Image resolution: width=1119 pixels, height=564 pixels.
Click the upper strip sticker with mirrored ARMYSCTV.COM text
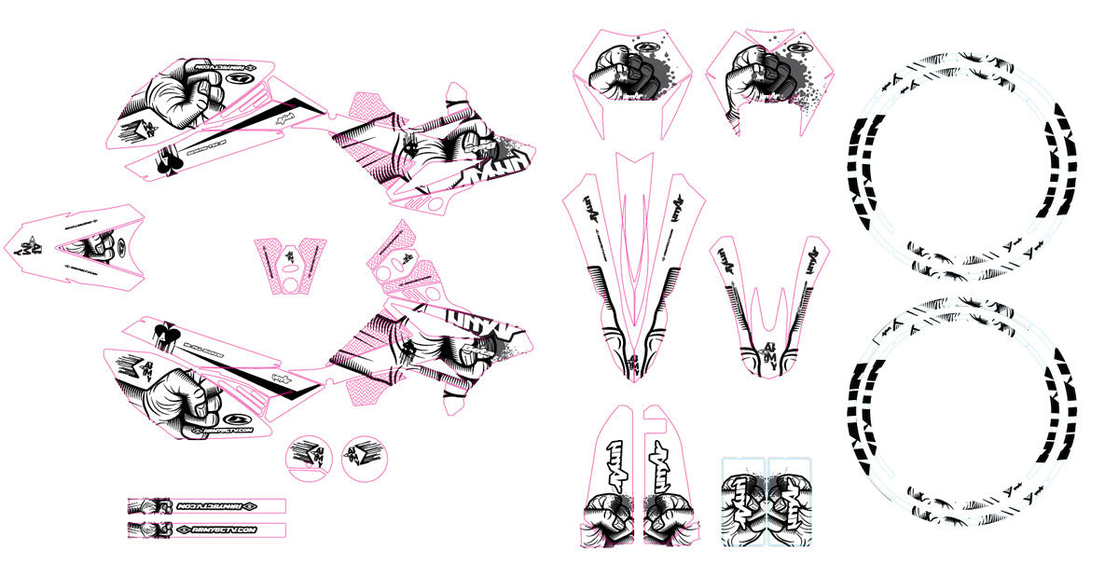point(207,506)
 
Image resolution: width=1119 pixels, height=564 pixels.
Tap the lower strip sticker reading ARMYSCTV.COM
point(207,530)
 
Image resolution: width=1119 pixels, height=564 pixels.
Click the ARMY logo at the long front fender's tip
point(635,358)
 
